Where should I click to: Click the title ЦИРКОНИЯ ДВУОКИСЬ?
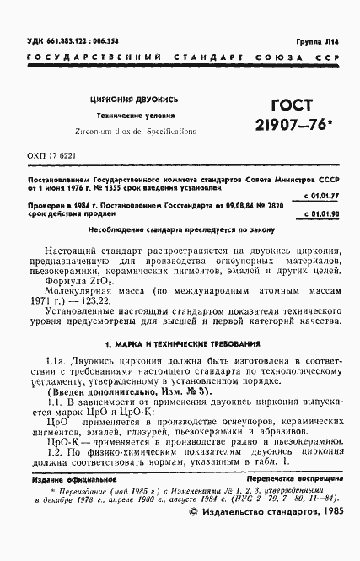(x=126, y=100)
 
